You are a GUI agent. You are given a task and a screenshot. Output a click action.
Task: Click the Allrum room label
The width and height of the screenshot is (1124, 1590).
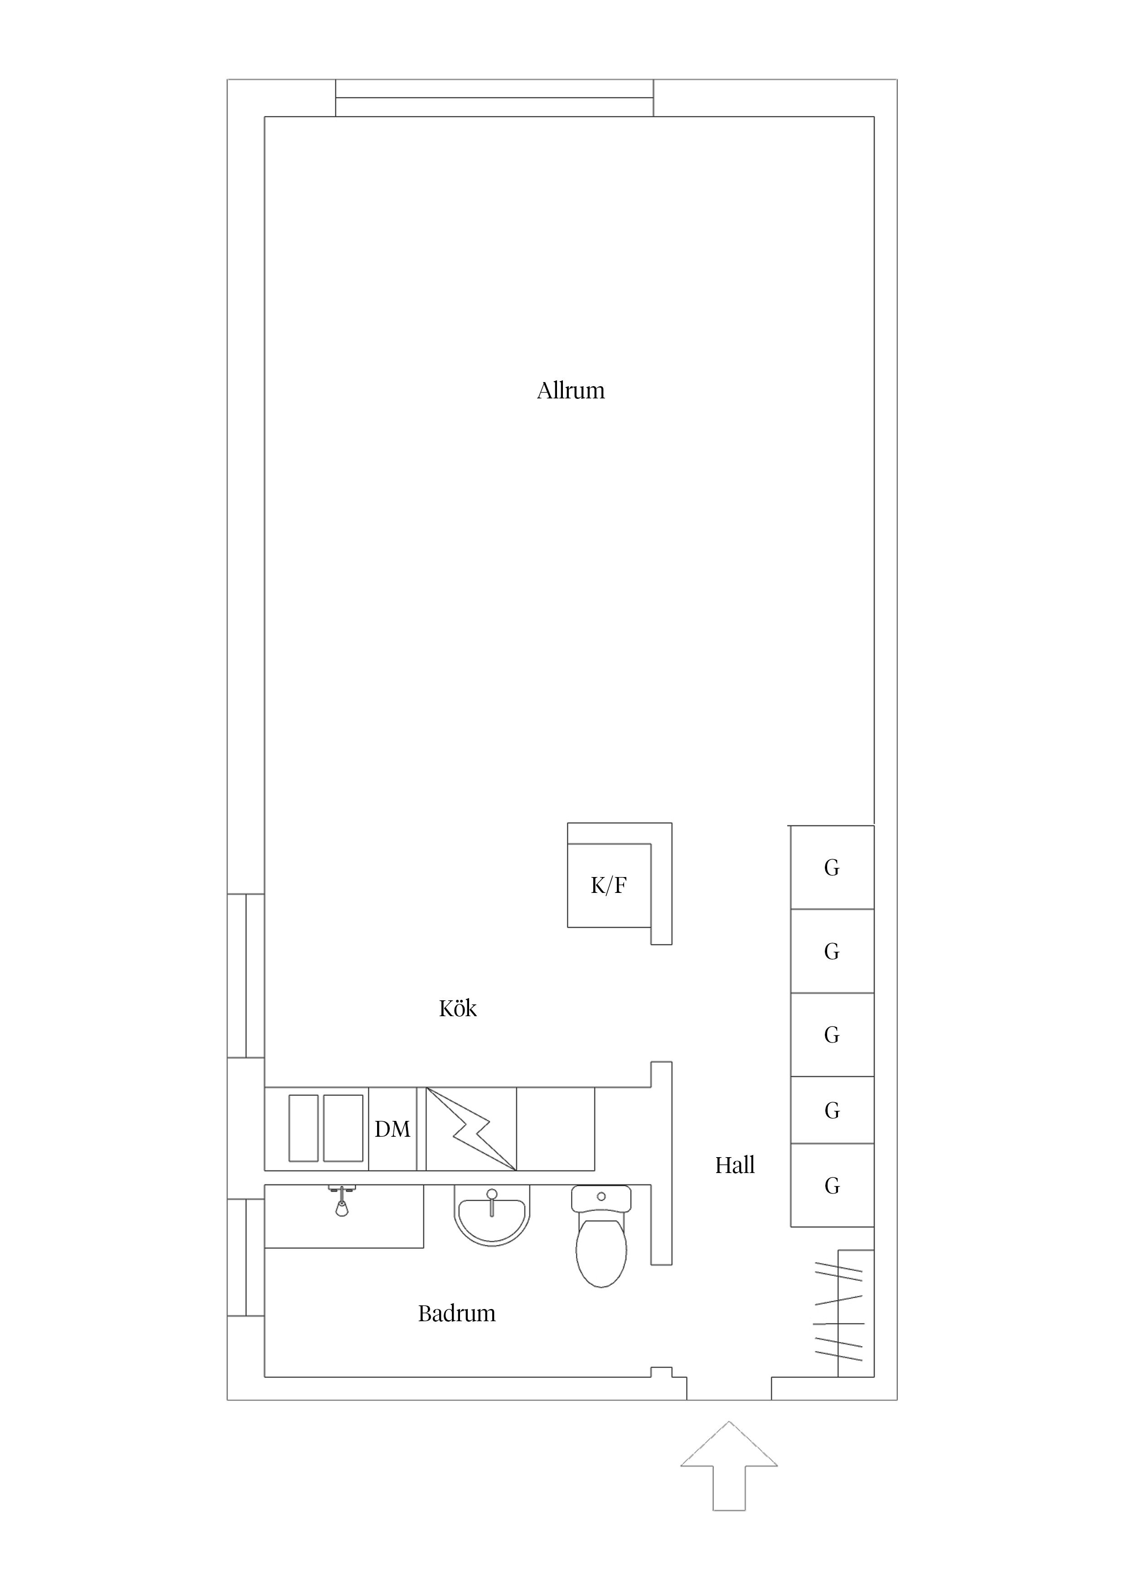coord(571,391)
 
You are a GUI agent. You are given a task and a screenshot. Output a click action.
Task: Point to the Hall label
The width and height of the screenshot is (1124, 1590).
coord(735,1165)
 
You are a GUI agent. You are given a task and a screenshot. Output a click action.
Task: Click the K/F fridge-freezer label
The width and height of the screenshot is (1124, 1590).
coord(609,885)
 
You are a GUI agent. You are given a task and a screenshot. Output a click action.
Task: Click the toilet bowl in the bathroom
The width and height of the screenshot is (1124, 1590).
coord(601,1253)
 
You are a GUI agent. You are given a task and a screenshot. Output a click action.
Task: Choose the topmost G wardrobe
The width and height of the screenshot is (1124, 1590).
coord(833,867)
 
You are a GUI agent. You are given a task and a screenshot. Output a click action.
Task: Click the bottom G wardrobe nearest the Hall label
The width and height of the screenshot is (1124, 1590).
coord(833,1186)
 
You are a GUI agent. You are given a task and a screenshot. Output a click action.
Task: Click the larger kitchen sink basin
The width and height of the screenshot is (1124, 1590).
coord(343,1128)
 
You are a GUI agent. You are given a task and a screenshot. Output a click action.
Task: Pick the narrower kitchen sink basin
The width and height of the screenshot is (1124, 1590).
coord(303,1128)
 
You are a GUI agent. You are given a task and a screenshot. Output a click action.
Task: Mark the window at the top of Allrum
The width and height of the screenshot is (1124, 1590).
coord(494,97)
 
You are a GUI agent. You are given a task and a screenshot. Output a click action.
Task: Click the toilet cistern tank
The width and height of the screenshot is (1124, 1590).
coord(601,1199)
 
